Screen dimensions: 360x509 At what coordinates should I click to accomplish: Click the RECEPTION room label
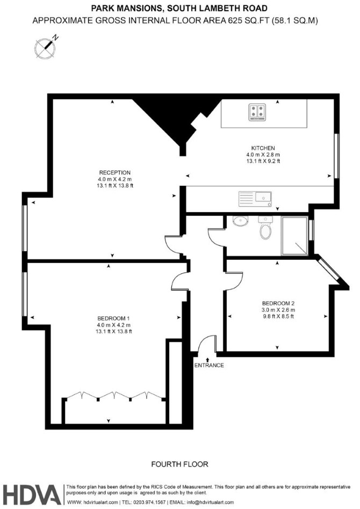pos(114,173)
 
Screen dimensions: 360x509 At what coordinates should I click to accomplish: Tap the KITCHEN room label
pos(263,148)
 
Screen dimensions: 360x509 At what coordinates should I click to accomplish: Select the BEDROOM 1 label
pos(114,318)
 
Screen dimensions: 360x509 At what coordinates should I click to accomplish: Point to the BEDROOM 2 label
pos(278,303)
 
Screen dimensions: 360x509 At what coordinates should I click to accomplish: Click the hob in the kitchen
pos(257,112)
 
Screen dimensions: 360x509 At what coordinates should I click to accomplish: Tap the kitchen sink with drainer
pos(255,199)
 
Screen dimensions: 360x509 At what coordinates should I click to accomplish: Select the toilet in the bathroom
pos(265,228)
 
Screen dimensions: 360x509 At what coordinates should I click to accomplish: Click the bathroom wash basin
pos(240,221)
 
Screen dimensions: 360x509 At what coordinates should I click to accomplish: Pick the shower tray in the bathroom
pos(294,236)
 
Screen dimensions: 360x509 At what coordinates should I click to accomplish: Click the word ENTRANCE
pos(209,365)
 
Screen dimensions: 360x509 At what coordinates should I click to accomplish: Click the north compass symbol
pos(46,47)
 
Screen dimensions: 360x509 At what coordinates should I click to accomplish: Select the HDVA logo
pos(32,495)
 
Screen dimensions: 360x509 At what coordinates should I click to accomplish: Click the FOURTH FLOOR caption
pos(179,464)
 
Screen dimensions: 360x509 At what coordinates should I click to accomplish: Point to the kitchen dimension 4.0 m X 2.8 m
pos(263,155)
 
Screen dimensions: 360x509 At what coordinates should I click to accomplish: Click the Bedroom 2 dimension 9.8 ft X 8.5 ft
pos(278,316)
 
